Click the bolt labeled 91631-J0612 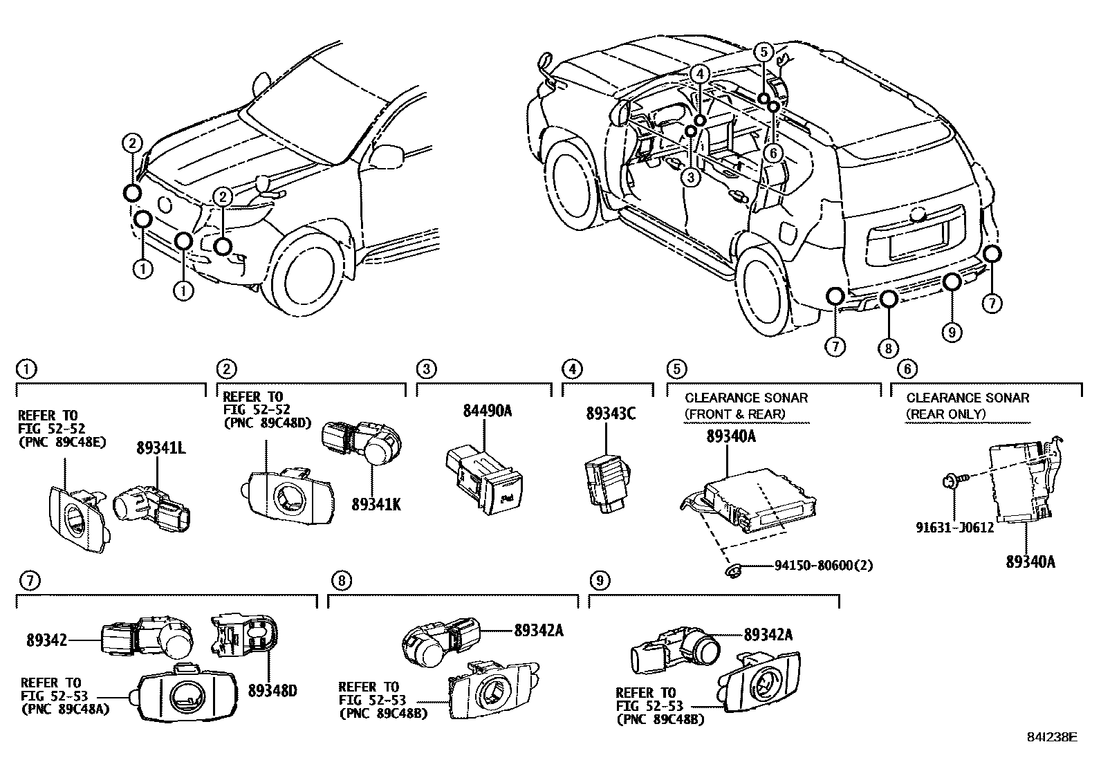(x=950, y=480)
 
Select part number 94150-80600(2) (x=822, y=565)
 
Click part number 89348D (x=272, y=689)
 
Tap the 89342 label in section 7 (x=47, y=641)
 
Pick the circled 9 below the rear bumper (x=952, y=333)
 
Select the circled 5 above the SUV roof (x=762, y=51)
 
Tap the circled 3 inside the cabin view (x=691, y=177)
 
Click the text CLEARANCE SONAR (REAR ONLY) (x=967, y=406)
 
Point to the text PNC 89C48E (x=62, y=442)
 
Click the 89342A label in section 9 (x=768, y=634)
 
